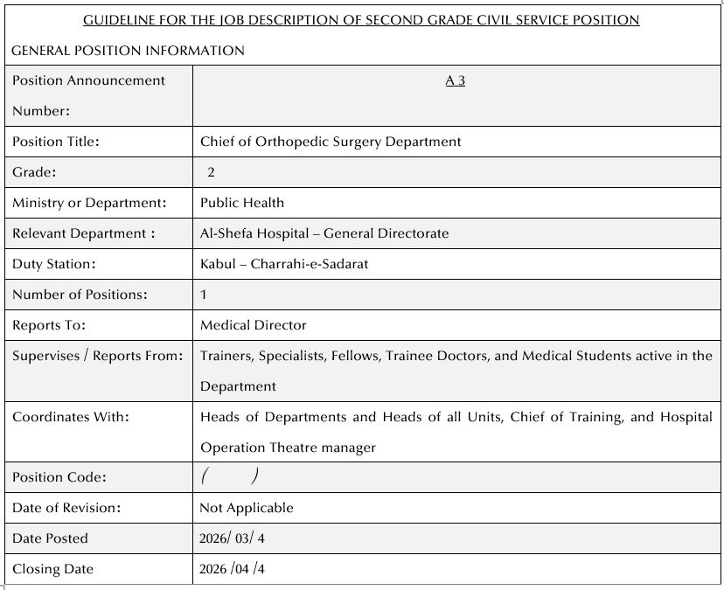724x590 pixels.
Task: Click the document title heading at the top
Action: [361, 19]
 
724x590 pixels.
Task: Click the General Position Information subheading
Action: [128, 51]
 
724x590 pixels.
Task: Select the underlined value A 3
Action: [455, 80]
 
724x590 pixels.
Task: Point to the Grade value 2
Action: [212, 172]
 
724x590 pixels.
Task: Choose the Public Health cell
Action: [242, 203]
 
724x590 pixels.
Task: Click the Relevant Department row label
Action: [84, 233]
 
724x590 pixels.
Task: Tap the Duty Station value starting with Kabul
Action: [284, 264]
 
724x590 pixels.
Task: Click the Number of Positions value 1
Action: [204, 295]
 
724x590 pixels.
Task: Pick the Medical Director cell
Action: [254, 325]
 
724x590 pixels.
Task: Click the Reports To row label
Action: [50, 325]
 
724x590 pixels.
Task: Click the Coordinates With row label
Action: [71, 417]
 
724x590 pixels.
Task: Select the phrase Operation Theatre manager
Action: [289, 448]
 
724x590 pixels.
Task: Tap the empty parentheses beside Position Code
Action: [229, 476]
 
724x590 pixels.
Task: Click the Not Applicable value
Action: [247, 508]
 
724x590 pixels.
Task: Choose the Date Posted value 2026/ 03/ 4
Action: [232, 538]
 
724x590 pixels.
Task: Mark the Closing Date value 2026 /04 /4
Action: [232, 569]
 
